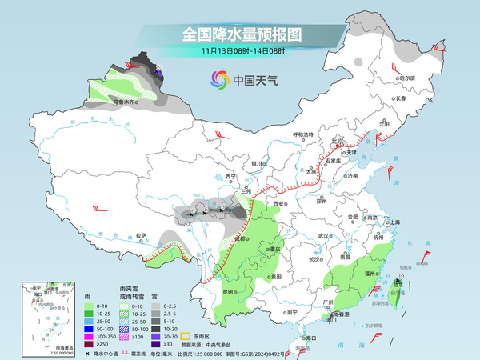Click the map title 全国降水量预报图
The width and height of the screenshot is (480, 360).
pos(239,34)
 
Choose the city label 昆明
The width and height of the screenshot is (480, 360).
pos(230,291)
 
